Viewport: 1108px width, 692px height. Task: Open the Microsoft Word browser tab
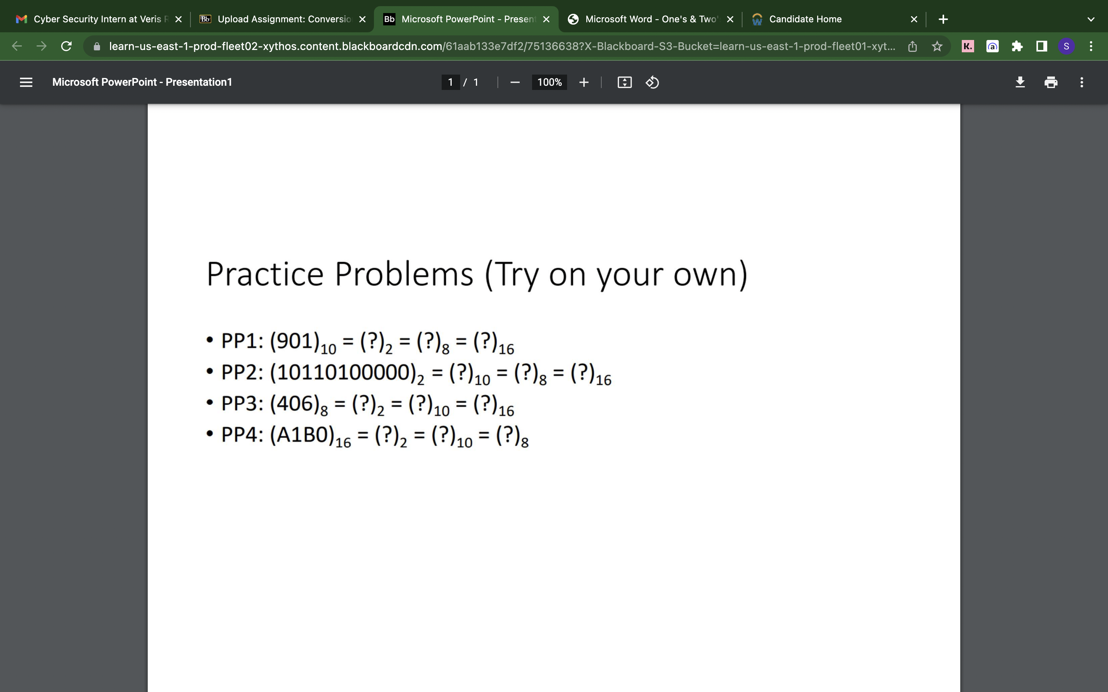650,19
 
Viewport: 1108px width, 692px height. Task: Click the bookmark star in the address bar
937,46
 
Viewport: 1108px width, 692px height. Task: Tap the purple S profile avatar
1066,46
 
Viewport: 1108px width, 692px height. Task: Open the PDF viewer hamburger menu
26,82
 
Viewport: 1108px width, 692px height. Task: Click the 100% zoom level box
549,82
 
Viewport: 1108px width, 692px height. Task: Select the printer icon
1051,82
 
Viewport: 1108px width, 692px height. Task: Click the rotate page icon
652,82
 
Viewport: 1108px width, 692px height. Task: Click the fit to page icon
624,82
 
